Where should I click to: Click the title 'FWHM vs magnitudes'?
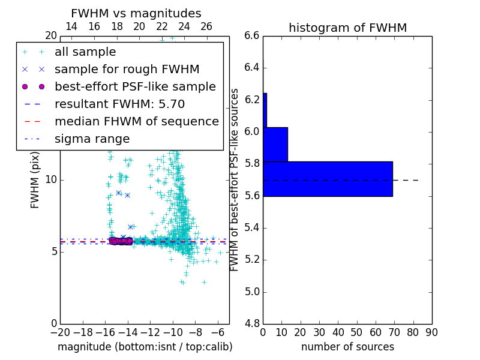pos(136,14)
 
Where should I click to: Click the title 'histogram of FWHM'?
pos(347,28)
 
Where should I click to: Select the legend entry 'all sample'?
pos(83,52)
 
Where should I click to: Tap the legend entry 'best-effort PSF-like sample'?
pos(135,87)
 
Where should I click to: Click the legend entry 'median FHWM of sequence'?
pos(136,121)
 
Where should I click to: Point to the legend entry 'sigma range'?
pos(92,139)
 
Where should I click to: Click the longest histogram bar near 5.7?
pos(328,179)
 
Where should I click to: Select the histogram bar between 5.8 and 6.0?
pos(275,145)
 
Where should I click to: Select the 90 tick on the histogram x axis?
pos(431,332)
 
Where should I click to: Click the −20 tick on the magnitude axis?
pos(60,332)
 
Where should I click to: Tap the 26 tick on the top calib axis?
pos(206,26)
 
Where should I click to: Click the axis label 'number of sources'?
pos(347,347)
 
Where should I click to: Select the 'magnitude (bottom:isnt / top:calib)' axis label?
pos(145,347)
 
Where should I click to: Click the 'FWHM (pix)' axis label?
pos(35,179)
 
